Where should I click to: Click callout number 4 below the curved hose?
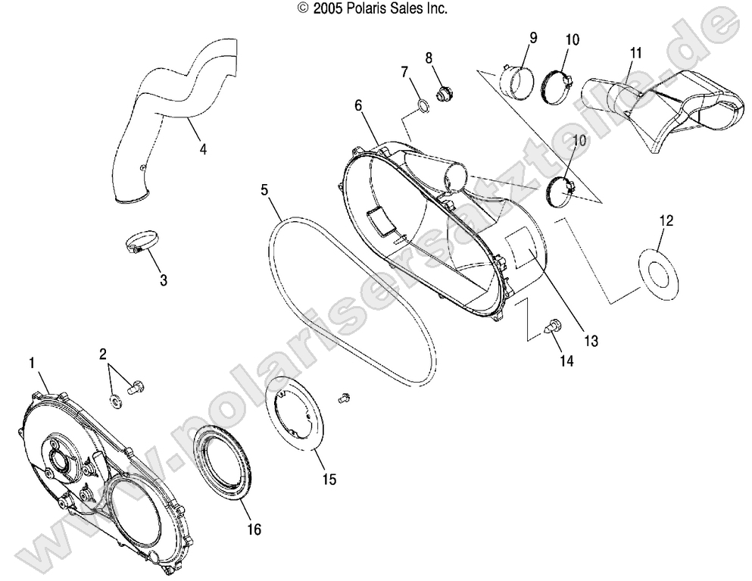pyautogui.click(x=203, y=149)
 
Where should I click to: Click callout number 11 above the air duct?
pyautogui.click(x=635, y=53)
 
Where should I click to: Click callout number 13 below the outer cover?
pyautogui.click(x=591, y=342)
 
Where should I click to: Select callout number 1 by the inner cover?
pyautogui.click(x=32, y=364)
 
